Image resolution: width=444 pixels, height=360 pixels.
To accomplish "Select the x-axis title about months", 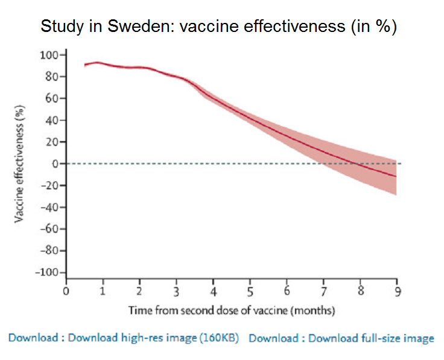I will (232, 310).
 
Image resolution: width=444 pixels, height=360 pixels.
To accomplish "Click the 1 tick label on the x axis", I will (103, 293).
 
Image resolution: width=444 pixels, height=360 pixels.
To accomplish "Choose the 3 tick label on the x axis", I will (177, 293).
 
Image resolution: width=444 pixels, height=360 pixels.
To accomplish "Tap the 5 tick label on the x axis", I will (250, 293).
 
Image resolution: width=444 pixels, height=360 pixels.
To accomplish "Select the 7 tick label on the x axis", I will (323, 293).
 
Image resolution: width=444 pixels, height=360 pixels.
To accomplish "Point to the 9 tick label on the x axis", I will (396, 293).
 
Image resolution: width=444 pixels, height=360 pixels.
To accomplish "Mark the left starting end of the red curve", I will (85, 65).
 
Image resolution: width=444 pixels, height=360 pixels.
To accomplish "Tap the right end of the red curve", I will (396, 176).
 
